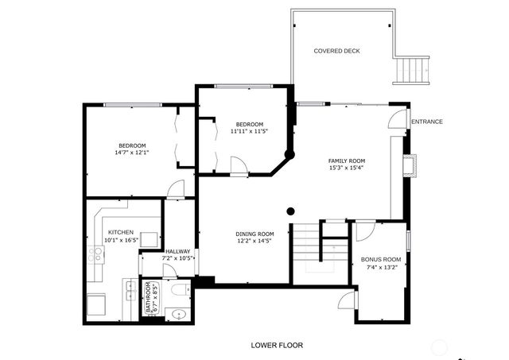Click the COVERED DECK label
336,51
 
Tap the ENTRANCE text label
427,122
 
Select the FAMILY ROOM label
347,161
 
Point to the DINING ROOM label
254,234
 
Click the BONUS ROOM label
381,259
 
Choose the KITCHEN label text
121,232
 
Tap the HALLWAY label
178,251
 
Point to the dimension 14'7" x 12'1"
133,153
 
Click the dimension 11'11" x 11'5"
249,131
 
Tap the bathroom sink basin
178,314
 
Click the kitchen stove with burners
99,254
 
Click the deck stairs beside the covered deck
412,71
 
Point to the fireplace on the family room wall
409,165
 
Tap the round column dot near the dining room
291,211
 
